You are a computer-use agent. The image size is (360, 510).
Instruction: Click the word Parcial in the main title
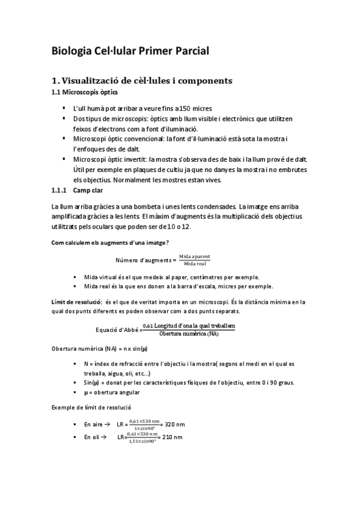click(186, 51)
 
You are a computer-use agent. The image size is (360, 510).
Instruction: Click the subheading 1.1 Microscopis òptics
click(84, 93)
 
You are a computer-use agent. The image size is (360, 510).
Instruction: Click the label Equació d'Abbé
click(117, 330)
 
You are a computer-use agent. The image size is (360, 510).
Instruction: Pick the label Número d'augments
click(143, 260)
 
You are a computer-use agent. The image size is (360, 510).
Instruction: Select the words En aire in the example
click(94, 425)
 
